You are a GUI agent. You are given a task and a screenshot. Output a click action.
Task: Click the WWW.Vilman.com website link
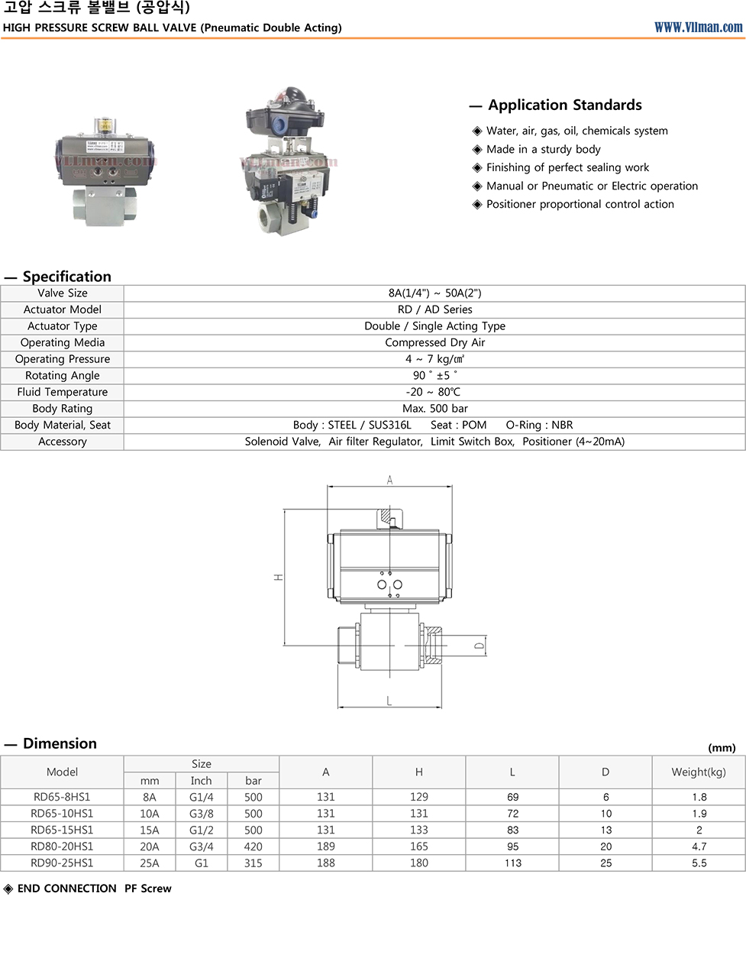pyautogui.click(x=698, y=28)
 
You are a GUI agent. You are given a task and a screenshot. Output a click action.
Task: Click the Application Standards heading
pyautogui.click(x=565, y=105)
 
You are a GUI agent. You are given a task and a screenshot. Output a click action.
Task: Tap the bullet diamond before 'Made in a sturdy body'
pyautogui.click(x=476, y=150)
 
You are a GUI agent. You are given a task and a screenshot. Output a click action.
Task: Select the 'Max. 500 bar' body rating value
pyautogui.click(x=434, y=408)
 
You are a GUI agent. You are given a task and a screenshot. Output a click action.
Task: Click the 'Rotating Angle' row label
pyautogui.click(x=63, y=375)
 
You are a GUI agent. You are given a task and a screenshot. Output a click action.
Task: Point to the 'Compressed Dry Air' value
pyautogui.click(x=434, y=342)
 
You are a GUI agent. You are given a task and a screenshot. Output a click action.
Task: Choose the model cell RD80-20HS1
pyautogui.click(x=62, y=846)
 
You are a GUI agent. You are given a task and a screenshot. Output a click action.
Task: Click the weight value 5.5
pyautogui.click(x=699, y=863)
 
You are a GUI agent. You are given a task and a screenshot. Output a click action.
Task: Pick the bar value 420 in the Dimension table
pyautogui.click(x=254, y=846)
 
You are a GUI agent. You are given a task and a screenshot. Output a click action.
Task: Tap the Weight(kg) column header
pyautogui.click(x=699, y=772)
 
